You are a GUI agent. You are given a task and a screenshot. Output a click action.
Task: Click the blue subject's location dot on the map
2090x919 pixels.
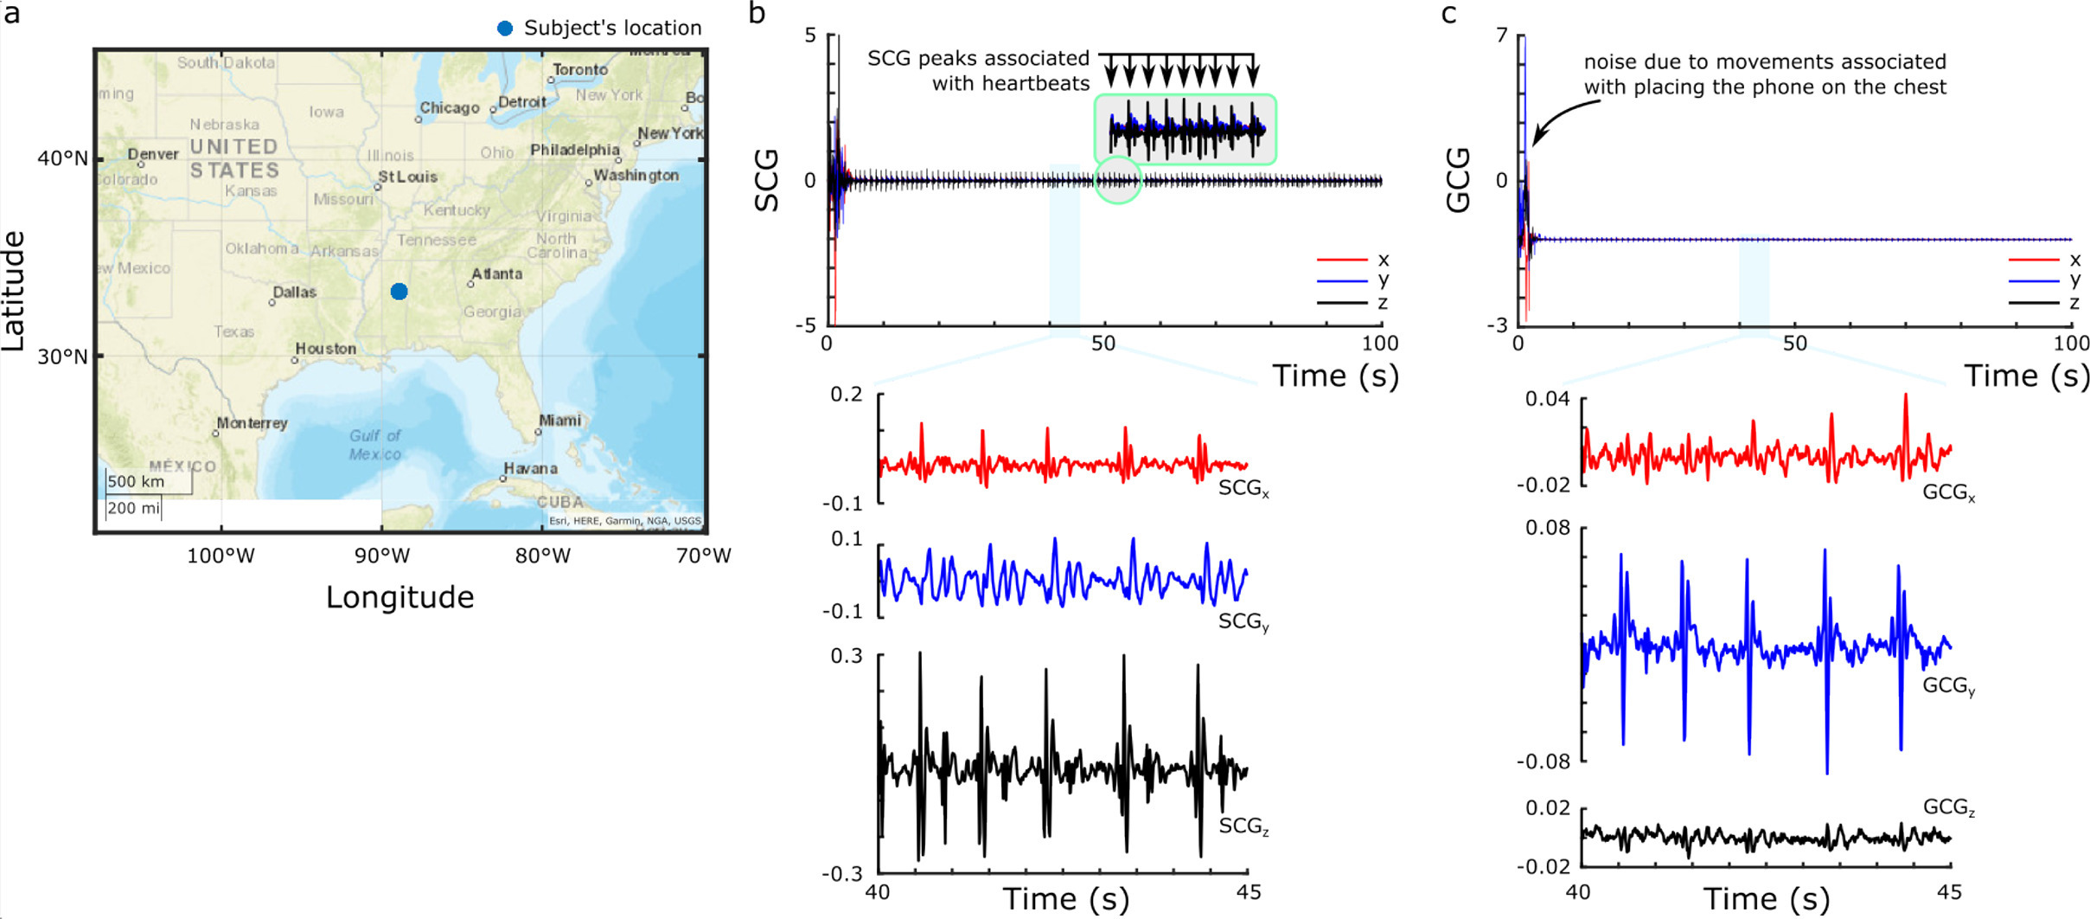399,292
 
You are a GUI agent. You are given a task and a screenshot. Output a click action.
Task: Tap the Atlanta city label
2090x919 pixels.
496,274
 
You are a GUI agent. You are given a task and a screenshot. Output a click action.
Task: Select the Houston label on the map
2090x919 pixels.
325,349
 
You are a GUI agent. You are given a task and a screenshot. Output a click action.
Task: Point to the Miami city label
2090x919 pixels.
559,421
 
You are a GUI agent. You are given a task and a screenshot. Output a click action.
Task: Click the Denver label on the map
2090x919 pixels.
153,155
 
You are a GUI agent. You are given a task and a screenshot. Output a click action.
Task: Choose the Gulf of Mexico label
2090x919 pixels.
375,445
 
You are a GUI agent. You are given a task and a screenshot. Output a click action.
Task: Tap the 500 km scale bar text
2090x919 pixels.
136,482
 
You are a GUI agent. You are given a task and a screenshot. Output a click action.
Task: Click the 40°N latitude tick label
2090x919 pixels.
62,158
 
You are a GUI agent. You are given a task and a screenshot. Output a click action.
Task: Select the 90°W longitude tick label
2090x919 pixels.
382,556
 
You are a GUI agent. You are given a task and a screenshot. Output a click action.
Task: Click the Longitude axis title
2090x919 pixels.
399,598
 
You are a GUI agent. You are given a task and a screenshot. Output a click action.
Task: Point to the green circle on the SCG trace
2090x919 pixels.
1118,181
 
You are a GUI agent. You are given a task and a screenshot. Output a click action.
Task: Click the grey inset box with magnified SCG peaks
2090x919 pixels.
1185,130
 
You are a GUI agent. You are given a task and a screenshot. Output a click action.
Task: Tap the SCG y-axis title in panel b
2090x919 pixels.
768,180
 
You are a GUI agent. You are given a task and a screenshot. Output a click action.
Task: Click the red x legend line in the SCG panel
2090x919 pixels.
1342,260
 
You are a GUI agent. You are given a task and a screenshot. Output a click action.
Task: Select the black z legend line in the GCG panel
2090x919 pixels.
2034,303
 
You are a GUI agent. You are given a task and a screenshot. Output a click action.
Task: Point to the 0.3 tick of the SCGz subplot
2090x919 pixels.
847,656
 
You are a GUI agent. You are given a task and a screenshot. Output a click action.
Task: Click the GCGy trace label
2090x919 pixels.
1948,686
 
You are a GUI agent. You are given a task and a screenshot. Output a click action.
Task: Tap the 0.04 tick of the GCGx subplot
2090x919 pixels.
1546,399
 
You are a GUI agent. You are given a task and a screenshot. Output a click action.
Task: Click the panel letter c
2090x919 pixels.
1449,15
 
